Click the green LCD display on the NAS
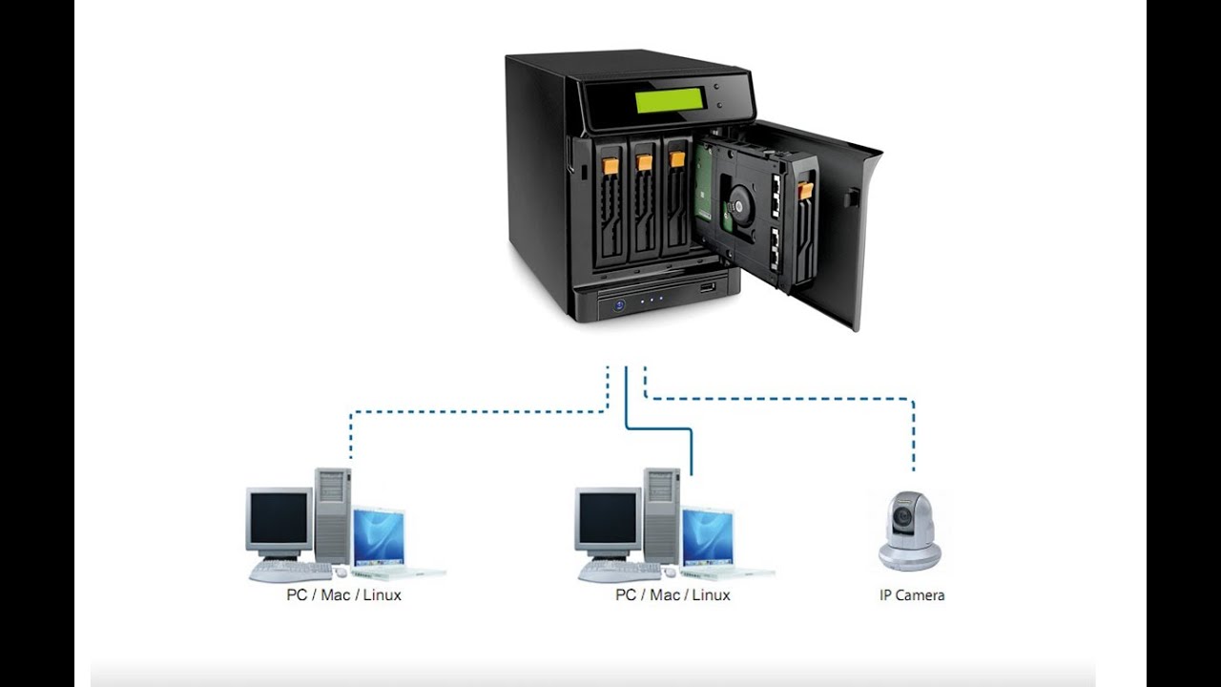(670, 100)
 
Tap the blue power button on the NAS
(620, 304)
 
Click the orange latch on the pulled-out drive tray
(806, 190)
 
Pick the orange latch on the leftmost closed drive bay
(611, 166)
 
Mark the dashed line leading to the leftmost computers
(477, 412)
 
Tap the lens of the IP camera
(902, 520)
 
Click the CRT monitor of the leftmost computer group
(279, 520)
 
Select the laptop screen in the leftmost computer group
(379, 537)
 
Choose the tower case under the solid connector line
(661, 514)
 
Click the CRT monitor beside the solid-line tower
(608, 520)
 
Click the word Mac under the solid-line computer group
(665, 595)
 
